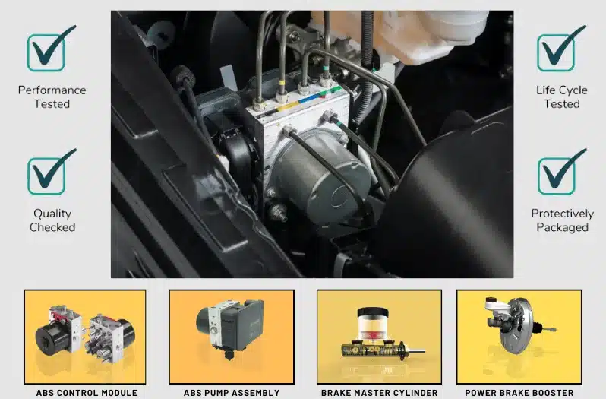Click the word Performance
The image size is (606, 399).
[x=52, y=90]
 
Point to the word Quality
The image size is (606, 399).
[x=52, y=214]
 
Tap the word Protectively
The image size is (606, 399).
[x=562, y=214]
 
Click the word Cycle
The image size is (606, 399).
[x=573, y=90]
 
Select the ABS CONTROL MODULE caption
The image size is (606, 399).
[x=87, y=393]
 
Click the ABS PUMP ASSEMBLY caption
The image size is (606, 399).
[x=232, y=393]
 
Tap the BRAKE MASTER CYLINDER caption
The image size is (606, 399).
[x=379, y=393]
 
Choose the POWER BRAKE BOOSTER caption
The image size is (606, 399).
[x=519, y=393]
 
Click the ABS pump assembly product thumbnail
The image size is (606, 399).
[x=232, y=337]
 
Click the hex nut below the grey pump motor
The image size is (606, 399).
[x=278, y=212]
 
